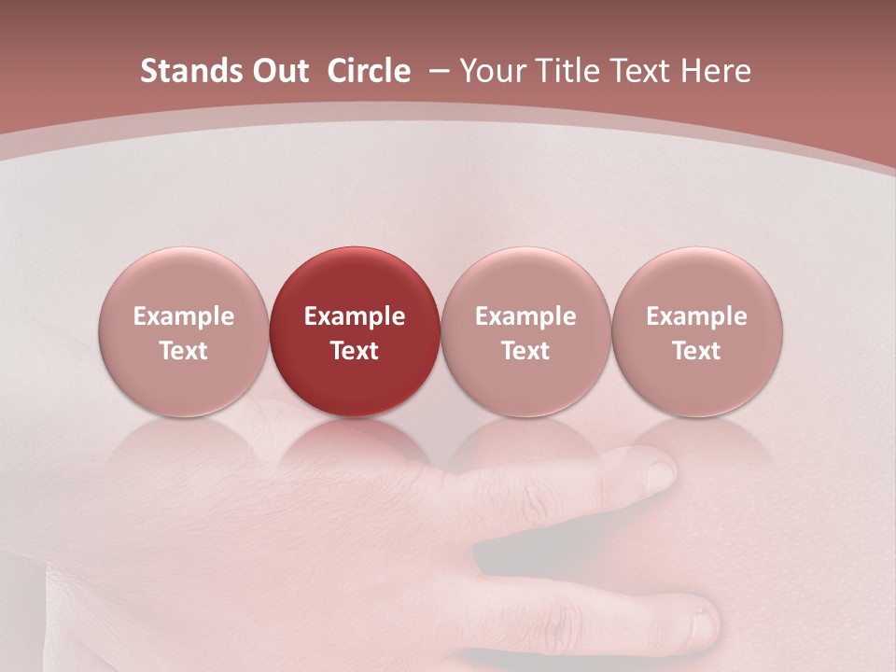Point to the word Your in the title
492,71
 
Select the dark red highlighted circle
355,332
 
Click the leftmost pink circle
183,332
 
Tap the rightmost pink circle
697,332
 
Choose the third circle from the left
525,332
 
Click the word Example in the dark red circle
355,316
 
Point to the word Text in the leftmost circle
183,351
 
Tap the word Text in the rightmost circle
697,351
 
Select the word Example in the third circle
525,316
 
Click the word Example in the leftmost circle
183,316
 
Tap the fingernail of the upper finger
659,472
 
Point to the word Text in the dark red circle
355,351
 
